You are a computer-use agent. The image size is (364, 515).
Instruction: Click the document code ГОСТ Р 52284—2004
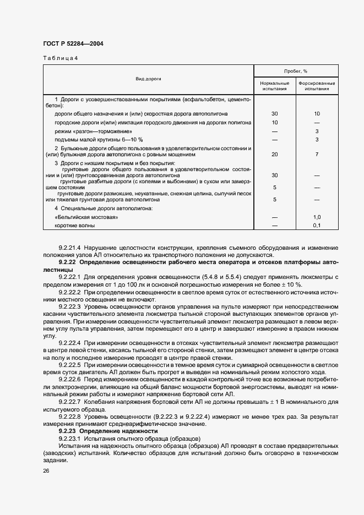tap(73, 43)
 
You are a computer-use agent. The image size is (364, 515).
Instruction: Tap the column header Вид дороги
tap(148, 79)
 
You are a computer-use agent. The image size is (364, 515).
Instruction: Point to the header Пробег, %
tap(296, 71)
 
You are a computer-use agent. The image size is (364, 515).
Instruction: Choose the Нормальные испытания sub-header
tap(274, 85)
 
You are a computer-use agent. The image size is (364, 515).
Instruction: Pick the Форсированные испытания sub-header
tap(317, 85)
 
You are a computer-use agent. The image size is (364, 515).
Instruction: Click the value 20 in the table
tap(274, 155)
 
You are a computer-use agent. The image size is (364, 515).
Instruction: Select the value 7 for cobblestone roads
tap(317, 155)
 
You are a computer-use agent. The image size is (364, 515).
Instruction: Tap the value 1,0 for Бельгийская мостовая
tap(317, 217)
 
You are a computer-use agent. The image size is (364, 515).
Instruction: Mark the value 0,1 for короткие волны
tap(317, 226)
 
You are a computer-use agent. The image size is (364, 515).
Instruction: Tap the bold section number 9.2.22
tap(68, 262)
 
